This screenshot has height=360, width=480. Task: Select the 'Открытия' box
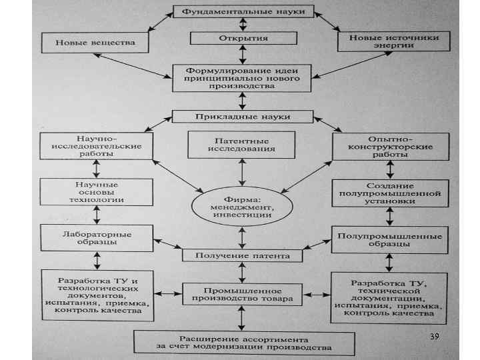click(x=243, y=38)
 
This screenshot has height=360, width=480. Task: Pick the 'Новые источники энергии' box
click(x=389, y=42)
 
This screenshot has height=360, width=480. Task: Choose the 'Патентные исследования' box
click(x=241, y=145)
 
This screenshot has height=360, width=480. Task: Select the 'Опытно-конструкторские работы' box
click(x=390, y=146)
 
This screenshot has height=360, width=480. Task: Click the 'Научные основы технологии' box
click(x=97, y=191)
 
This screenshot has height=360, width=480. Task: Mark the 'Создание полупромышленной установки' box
click(x=390, y=193)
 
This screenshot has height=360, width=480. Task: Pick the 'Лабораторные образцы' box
click(x=96, y=238)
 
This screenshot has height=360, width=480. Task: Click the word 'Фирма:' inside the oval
click(x=241, y=198)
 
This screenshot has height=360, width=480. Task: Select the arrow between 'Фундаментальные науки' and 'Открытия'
click(x=243, y=25)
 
